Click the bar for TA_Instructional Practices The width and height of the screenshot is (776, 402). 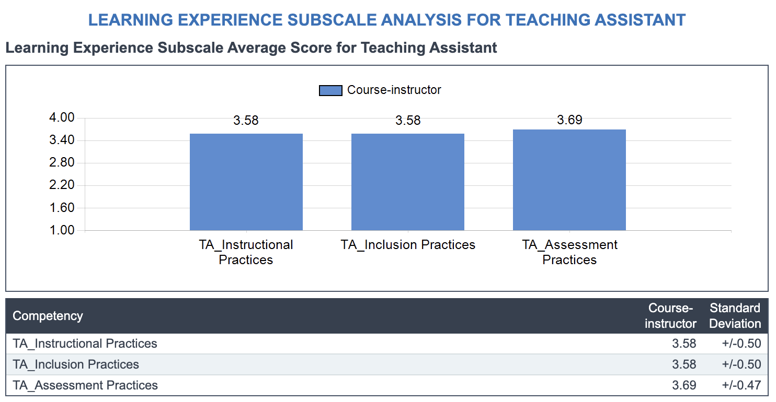click(246, 182)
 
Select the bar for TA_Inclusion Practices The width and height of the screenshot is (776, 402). click(408, 182)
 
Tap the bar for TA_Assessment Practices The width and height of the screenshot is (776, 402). click(569, 180)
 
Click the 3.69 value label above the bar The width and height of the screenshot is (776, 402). click(569, 120)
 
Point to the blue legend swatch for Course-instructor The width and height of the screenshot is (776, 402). click(330, 90)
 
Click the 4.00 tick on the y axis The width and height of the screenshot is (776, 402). click(62, 117)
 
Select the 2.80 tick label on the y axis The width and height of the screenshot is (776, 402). click(62, 162)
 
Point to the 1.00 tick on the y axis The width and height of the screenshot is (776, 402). click(62, 230)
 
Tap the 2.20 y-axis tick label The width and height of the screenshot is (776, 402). click(62, 185)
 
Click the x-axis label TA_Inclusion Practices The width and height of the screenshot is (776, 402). click(408, 245)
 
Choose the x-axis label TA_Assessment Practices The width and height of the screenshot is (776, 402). click(569, 252)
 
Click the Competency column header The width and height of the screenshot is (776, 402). click(48, 316)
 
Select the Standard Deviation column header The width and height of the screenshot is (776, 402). click(735, 316)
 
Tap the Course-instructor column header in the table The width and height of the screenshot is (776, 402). click(670, 316)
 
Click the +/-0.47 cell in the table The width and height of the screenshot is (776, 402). click(741, 385)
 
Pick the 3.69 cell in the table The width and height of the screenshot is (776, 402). click(684, 385)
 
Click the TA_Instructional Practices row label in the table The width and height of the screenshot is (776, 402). click(85, 344)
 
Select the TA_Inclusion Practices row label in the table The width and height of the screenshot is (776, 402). click(75, 364)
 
